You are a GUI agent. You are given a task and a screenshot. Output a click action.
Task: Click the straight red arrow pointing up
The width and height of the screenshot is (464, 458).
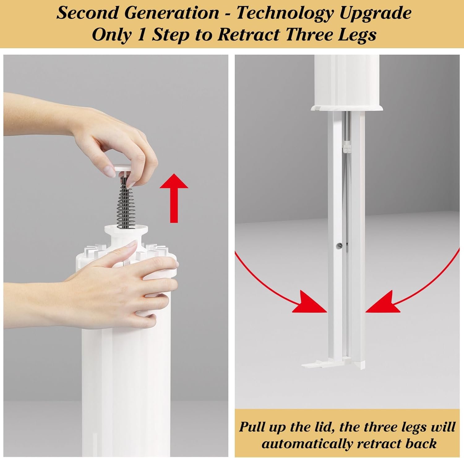(x=174, y=198)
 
